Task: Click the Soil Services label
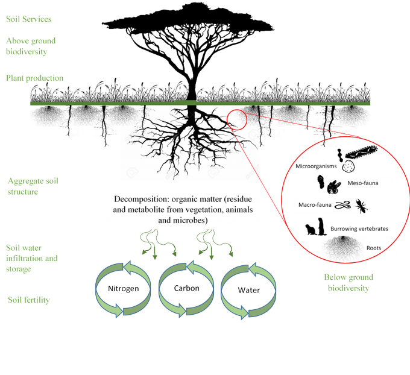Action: coord(28,19)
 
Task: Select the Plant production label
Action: coord(35,78)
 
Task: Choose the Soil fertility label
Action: coord(29,299)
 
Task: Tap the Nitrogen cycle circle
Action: coord(124,289)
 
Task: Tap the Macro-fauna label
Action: coord(311,206)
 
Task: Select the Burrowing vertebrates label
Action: coord(362,230)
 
